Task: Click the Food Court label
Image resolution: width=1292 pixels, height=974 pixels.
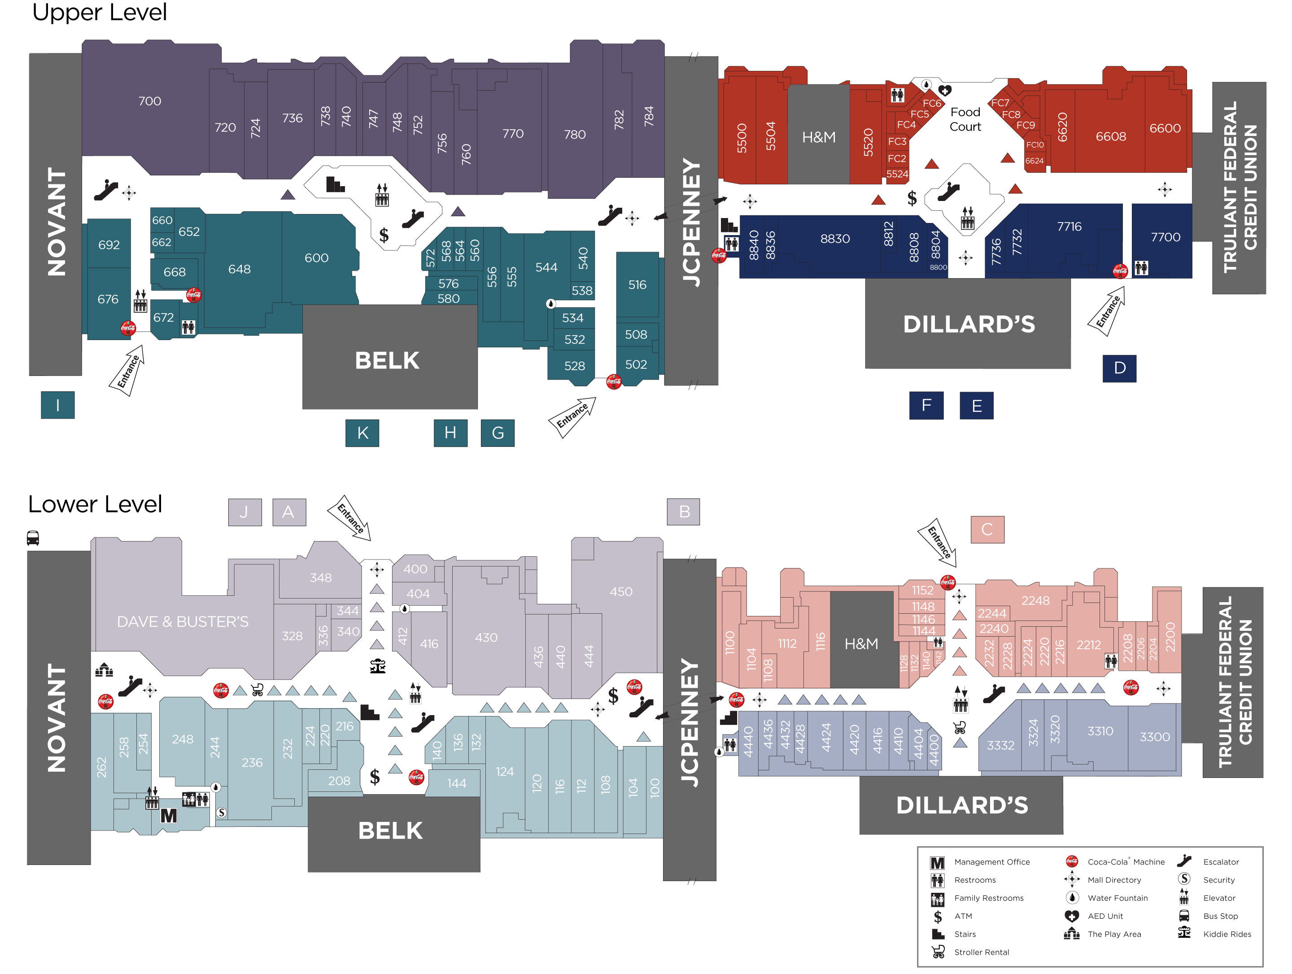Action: (x=965, y=119)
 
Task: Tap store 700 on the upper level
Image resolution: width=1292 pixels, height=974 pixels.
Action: (x=149, y=101)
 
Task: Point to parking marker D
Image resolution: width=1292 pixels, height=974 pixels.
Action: (x=1119, y=368)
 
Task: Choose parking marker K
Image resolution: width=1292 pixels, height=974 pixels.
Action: (x=362, y=433)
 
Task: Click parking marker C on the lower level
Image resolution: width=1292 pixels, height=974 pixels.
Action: (x=987, y=529)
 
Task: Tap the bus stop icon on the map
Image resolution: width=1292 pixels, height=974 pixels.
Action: (x=33, y=538)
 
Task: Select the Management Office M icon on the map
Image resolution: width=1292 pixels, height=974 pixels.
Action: (x=169, y=815)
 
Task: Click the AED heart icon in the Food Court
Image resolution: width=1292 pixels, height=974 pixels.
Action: (x=944, y=90)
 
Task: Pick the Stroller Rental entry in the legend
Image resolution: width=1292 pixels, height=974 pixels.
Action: (x=981, y=952)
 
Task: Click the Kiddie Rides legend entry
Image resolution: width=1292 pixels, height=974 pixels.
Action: (x=1227, y=934)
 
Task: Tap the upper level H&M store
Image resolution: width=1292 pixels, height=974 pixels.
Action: (x=818, y=137)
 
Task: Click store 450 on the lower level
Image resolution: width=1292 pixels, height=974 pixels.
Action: (x=621, y=591)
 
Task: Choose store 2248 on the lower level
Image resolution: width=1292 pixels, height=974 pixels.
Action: (x=1035, y=600)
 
